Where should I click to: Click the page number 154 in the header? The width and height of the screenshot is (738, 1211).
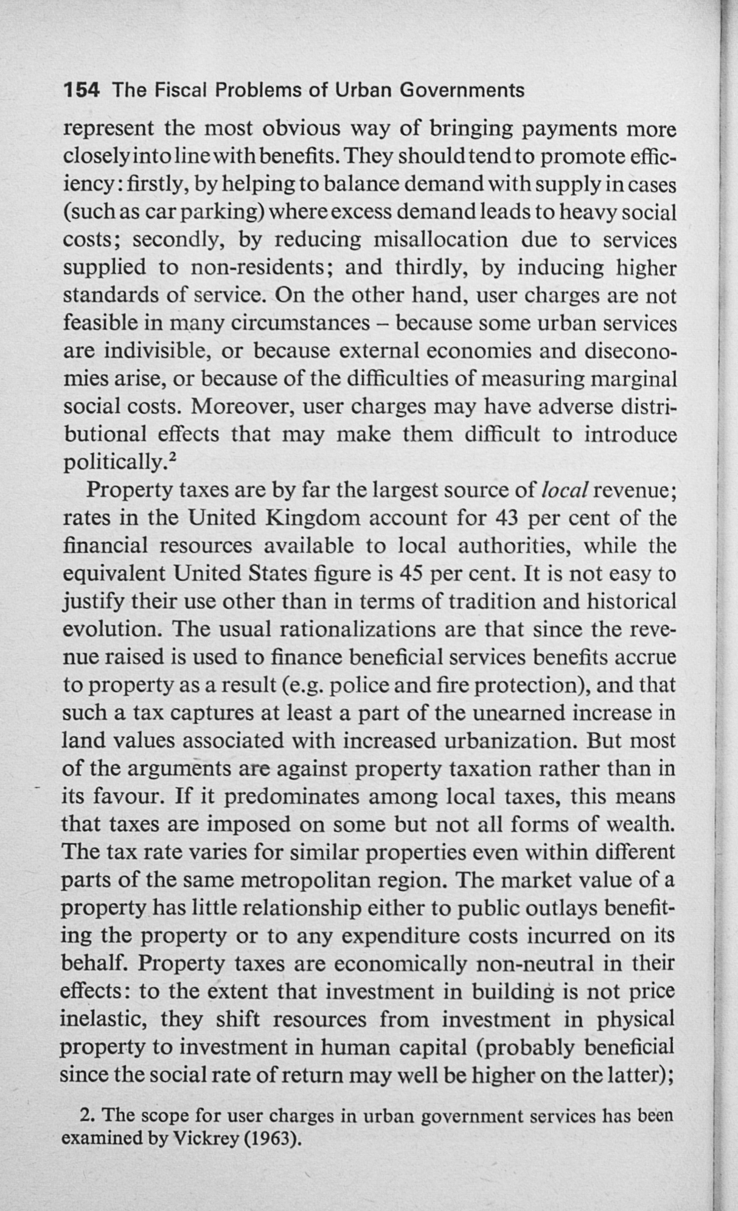81,91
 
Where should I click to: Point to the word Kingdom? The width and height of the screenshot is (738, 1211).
310,518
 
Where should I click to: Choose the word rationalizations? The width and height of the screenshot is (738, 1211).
342,629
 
